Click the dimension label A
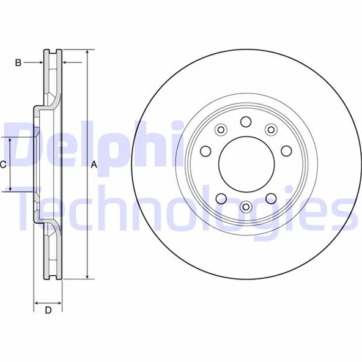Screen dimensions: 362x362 [x=94, y=164]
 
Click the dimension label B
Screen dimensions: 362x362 [x=18, y=62]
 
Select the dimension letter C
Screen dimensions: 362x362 [x=3, y=164]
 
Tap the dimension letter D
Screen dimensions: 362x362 [x=48, y=310]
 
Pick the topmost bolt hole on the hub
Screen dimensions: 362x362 [x=245, y=121]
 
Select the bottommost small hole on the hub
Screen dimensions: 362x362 [x=245, y=207]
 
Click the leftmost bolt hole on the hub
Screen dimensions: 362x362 [x=205, y=150]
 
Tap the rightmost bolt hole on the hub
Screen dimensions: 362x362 [x=285, y=150]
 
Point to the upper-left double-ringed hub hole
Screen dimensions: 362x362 [x=221, y=129]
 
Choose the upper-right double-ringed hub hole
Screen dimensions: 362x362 [x=270, y=129]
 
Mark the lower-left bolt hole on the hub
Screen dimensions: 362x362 [x=221, y=198]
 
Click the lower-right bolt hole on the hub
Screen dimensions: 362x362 [x=270, y=198]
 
